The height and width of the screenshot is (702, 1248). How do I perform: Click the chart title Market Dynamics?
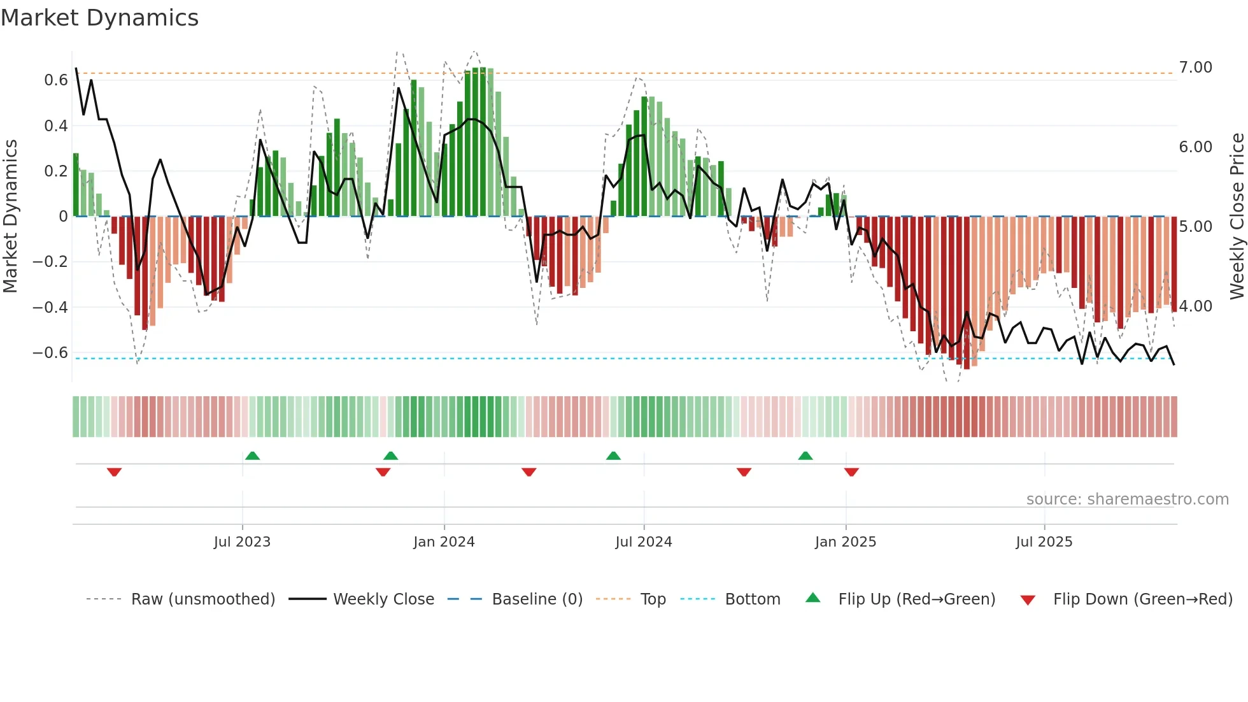coord(100,18)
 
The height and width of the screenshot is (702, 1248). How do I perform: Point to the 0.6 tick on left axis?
coord(55,80)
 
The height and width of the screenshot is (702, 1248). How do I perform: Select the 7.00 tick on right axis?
coord(1195,68)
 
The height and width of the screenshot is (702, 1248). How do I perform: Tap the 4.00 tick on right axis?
coord(1195,306)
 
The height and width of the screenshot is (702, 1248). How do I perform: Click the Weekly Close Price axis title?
coord(1237,216)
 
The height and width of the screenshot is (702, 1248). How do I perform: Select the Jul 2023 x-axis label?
coord(242,542)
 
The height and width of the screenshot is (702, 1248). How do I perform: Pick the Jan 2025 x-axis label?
coord(845,542)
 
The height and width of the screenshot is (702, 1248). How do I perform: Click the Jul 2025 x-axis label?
coord(1044,542)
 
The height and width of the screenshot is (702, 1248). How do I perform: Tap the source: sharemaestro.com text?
coord(1127,499)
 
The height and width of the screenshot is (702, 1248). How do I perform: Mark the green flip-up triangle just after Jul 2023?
coord(252,455)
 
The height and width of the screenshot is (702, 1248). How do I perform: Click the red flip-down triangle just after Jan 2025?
coord(851,472)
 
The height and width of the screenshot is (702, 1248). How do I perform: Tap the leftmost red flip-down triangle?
coord(114,472)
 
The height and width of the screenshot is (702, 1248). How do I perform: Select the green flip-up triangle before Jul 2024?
coord(613,455)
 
